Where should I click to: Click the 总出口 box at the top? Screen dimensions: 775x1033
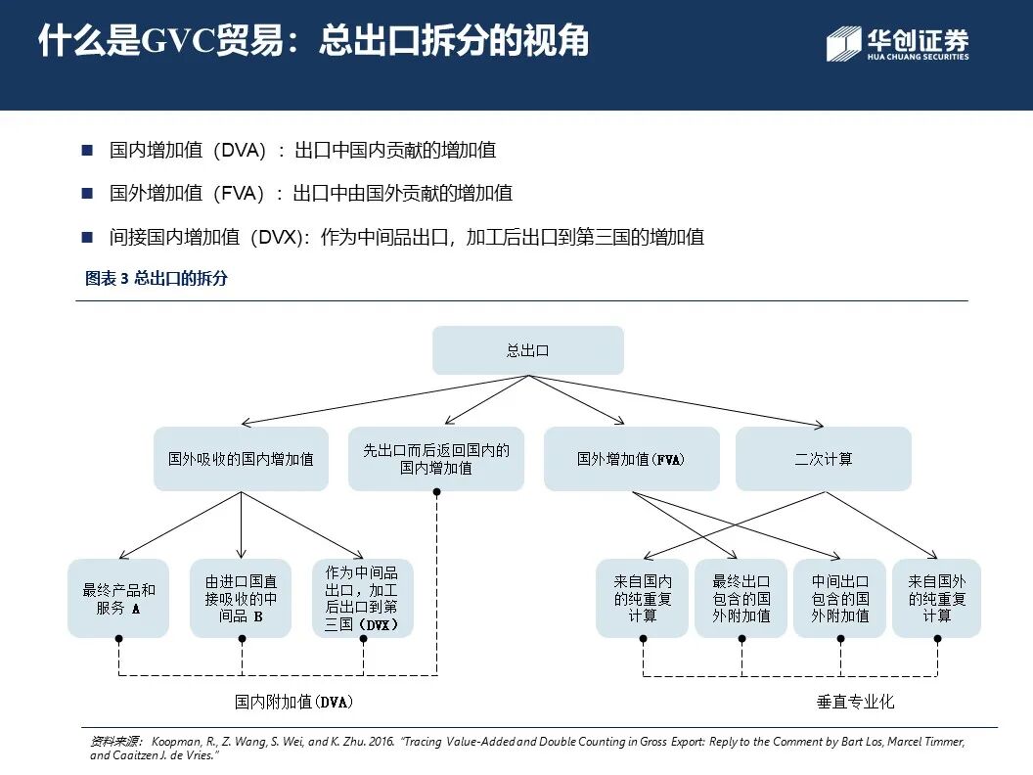527,350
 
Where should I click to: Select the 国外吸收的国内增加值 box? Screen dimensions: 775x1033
241,458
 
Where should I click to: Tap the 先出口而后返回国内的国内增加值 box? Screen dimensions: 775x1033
436,458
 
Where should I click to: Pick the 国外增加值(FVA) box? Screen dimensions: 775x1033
631,458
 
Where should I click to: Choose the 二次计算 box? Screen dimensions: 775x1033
823,458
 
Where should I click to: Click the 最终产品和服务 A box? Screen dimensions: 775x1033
118,598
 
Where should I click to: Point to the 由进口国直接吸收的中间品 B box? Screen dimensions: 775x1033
241,598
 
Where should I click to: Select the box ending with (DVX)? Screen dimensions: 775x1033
362,598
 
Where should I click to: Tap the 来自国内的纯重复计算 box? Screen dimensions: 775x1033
643,598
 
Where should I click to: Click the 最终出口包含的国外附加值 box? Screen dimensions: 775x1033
741,598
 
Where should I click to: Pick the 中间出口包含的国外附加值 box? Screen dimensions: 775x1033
839,598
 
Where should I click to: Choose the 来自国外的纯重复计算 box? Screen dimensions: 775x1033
936,598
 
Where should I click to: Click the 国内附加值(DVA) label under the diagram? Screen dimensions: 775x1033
293,702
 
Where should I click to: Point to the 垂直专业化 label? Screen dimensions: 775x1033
855,702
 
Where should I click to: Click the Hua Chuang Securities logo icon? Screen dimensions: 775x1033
843,44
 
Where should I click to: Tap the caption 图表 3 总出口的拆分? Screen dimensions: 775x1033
157,279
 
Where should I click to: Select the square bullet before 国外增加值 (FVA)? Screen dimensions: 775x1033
87,194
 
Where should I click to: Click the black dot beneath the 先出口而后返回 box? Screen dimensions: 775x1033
436,491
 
